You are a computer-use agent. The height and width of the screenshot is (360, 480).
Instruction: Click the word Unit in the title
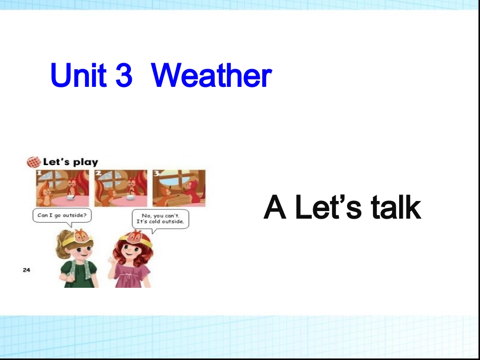click(x=78, y=76)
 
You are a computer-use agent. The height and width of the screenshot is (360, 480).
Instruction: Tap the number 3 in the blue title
click(x=123, y=76)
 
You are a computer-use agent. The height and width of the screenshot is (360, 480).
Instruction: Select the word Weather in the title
click(x=211, y=76)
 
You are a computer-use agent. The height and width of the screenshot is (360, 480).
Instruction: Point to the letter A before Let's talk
click(x=275, y=208)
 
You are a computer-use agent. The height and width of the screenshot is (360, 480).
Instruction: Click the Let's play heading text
click(x=71, y=162)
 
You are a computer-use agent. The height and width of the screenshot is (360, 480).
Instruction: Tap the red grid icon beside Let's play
click(x=33, y=162)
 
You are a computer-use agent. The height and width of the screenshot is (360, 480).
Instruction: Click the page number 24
click(x=26, y=270)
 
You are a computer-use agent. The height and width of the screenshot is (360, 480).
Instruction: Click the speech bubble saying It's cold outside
click(x=160, y=219)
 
